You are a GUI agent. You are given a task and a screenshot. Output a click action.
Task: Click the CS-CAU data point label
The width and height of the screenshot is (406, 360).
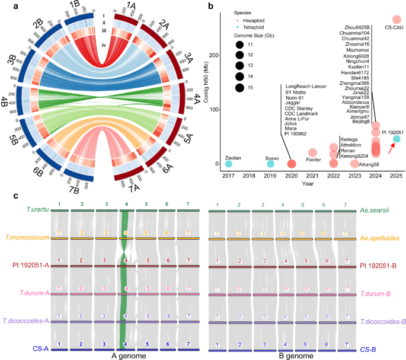pyautogui.click(x=391, y=27)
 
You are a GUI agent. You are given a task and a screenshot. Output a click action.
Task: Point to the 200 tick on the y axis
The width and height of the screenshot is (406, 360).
pyautogui.click(x=215, y=55)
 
